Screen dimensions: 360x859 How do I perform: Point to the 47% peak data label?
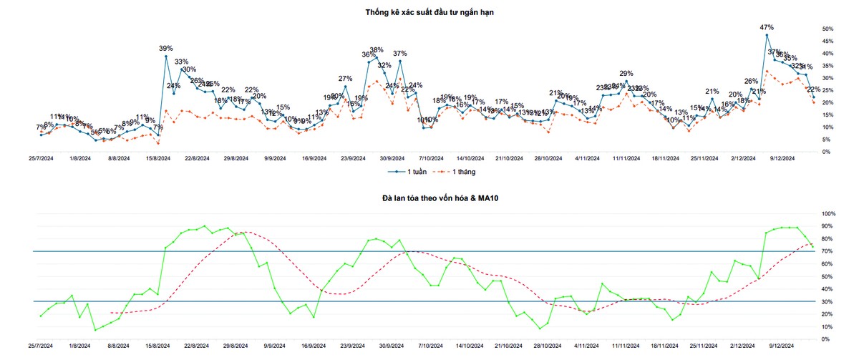click(x=767, y=27)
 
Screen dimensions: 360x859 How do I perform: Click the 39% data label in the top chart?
click(x=166, y=48)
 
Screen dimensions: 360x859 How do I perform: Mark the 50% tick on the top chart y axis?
click(x=828, y=29)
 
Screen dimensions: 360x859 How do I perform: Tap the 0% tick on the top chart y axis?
click(x=825, y=152)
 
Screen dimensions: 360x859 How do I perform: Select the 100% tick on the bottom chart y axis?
click(x=828, y=214)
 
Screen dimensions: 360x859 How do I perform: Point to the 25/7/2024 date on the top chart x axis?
click(x=41, y=159)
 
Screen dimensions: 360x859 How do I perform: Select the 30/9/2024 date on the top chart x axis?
click(x=393, y=159)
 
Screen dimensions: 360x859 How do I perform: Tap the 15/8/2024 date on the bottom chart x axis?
click(x=157, y=346)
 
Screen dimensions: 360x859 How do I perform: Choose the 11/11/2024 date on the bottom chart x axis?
click(x=626, y=346)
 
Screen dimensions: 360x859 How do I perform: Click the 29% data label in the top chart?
click(x=626, y=73)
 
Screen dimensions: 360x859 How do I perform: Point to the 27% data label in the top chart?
click(x=345, y=78)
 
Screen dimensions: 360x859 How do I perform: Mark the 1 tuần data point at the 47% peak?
click(x=767, y=35)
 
